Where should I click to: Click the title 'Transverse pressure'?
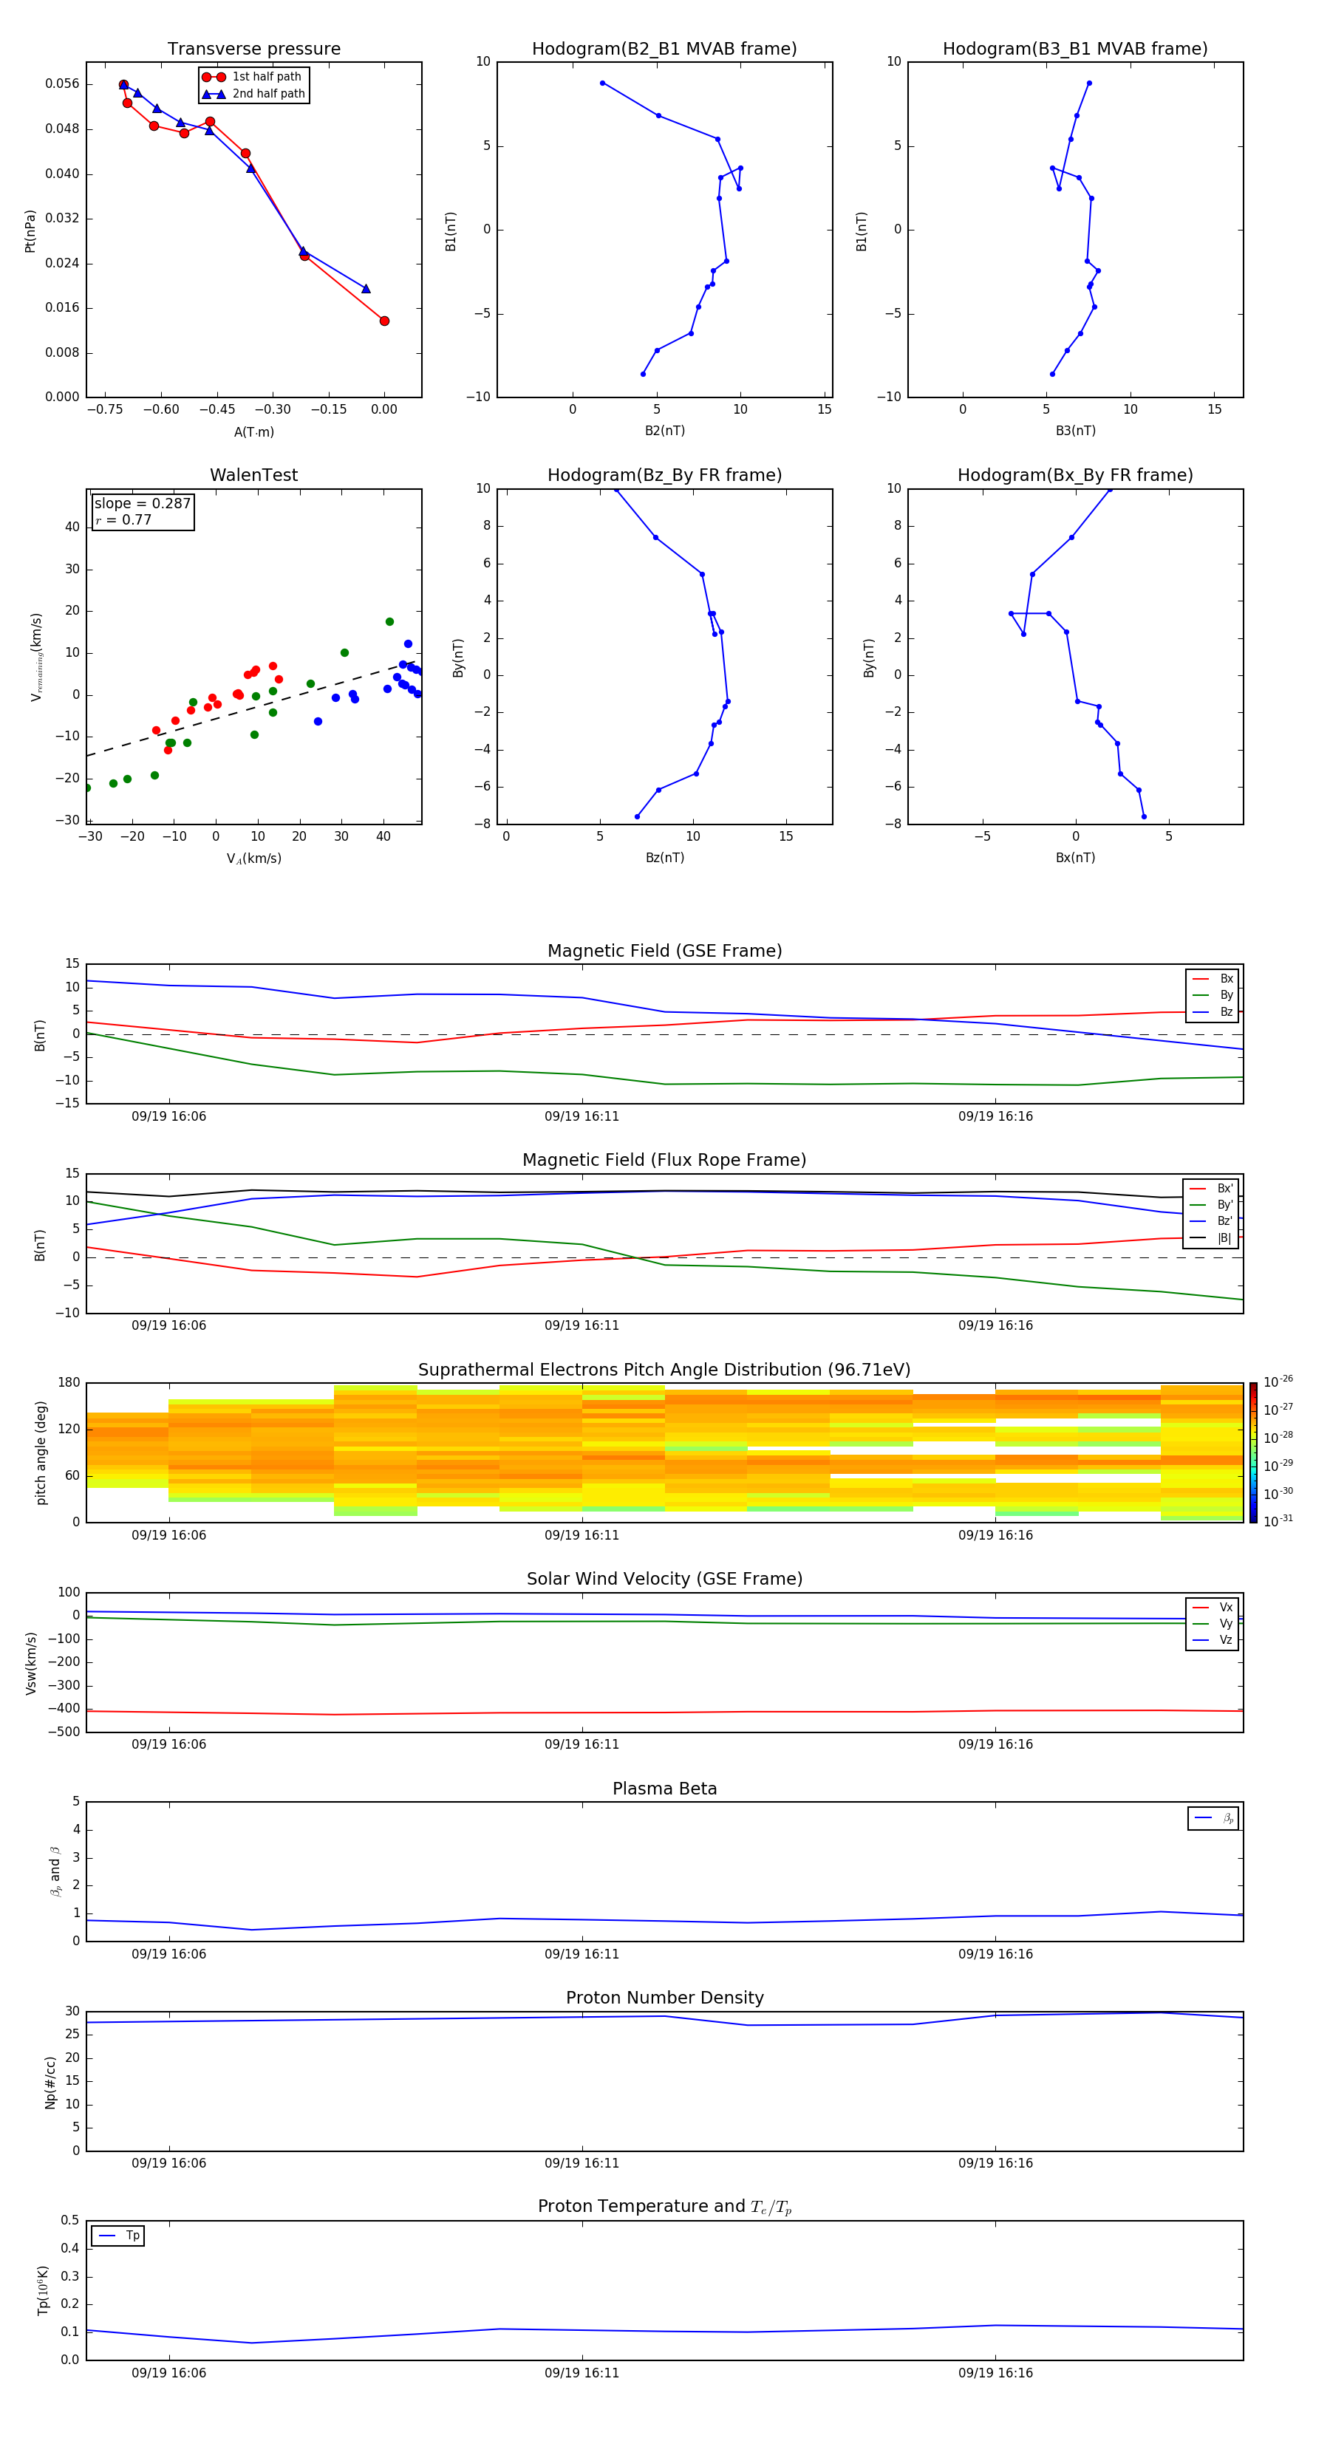tap(253, 49)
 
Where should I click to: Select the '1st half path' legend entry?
tap(266, 77)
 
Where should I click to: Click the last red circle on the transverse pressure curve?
tap(384, 321)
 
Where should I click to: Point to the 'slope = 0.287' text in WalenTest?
tap(142, 504)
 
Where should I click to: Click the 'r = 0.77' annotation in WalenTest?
tap(124, 519)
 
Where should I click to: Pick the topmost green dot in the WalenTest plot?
tap(389, 622)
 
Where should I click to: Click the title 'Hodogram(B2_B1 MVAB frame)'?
tap(664, 49)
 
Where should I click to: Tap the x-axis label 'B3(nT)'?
tap(1075, 431)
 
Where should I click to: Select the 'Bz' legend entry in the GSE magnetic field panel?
tap(1226, 1011)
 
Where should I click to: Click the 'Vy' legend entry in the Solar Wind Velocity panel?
tap(1226, 1623)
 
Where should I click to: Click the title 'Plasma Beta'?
tap(664, 1789)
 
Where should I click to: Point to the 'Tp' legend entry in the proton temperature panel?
tap(132, 2236)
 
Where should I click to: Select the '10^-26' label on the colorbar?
tap(1278, 1381)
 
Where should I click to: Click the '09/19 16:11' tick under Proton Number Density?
tap(582, 2162)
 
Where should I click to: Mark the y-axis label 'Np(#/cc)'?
tap(51, 2081)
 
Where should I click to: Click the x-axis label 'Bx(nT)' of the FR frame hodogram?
tap(1075, 858)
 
